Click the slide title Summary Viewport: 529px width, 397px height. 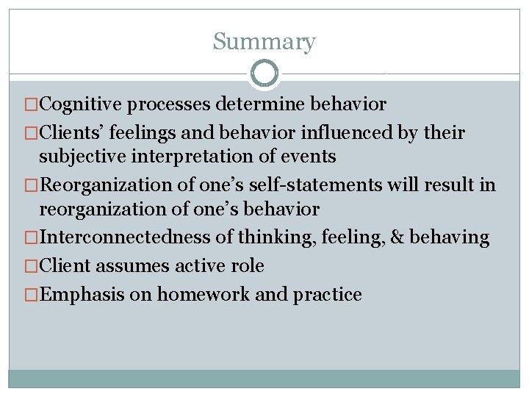pyautogui.click(x=264, y=41)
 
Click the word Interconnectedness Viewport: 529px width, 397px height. pyautogui.click(x=111, y=237)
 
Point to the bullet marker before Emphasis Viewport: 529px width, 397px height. pyautogui.click(x=30, y=295)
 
